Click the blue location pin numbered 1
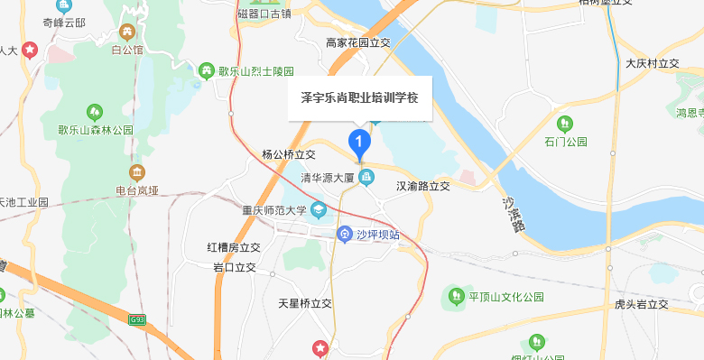pos(359,142)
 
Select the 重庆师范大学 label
pos(274,211)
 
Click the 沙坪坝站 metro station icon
pos(344,235)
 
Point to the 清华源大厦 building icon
pos(366,178)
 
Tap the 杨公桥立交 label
pos(288,154)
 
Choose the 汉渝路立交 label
pos(422,186)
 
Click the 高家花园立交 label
pos(357,42)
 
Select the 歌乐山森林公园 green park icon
pos(95,112)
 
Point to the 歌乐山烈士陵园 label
pos(255,70)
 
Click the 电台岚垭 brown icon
pos(135,171)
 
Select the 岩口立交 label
pos(235,268)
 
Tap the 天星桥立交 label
pos(305,304)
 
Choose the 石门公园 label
pos(566,143)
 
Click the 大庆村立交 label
pos(652,64)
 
